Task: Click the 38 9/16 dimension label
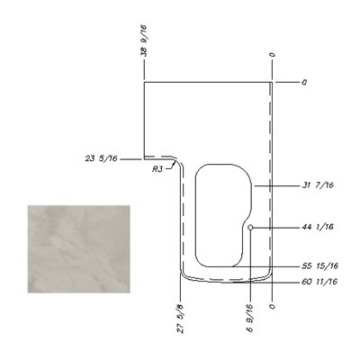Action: coord(144,40)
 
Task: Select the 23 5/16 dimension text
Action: coord(101,158)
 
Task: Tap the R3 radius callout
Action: coord(157,169)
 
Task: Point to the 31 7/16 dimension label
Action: coord(318,185)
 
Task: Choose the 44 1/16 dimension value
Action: coord(318,227)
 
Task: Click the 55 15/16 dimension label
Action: coord(320,266)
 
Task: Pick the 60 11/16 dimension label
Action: coord(319,282)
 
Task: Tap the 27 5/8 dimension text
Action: coord(181,319)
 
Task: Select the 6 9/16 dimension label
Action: coord(250,318)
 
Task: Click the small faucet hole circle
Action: coord(250,228)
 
